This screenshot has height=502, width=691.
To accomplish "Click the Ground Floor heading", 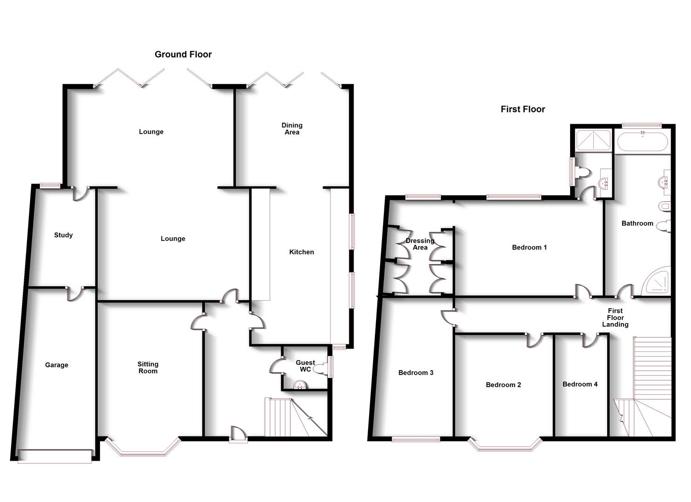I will [x=183, y=54].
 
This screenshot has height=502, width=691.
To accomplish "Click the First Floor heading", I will [x=523, y=109].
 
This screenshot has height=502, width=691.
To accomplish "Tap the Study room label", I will [x=63, y=235].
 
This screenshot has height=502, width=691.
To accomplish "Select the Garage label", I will [x=56, y=365].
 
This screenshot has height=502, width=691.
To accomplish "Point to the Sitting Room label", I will [x=148, y=368].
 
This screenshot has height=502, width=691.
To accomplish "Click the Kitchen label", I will [x=302, y=252].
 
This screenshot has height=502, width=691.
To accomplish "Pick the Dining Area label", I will [x=292, y=129].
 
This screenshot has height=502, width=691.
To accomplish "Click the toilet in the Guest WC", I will [x=320, y=369].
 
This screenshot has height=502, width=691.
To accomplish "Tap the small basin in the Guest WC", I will [x=300, y=384].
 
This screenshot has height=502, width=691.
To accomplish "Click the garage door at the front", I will [x=54, y=456].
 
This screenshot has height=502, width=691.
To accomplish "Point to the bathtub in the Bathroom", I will [x=642, y=142].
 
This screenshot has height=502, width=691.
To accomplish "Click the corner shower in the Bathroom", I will [x=657, y=281].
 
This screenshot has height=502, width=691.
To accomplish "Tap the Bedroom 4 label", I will [x=580, y=384].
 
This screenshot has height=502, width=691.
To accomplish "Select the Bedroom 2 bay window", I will [x=505, y=446].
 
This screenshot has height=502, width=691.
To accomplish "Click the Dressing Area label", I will [x=420, y=244].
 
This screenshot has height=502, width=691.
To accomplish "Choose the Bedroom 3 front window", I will [x=416, y=439].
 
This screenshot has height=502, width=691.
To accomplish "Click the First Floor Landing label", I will [x=615, y=317].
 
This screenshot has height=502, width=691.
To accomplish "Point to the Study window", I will [x=50, y=186].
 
